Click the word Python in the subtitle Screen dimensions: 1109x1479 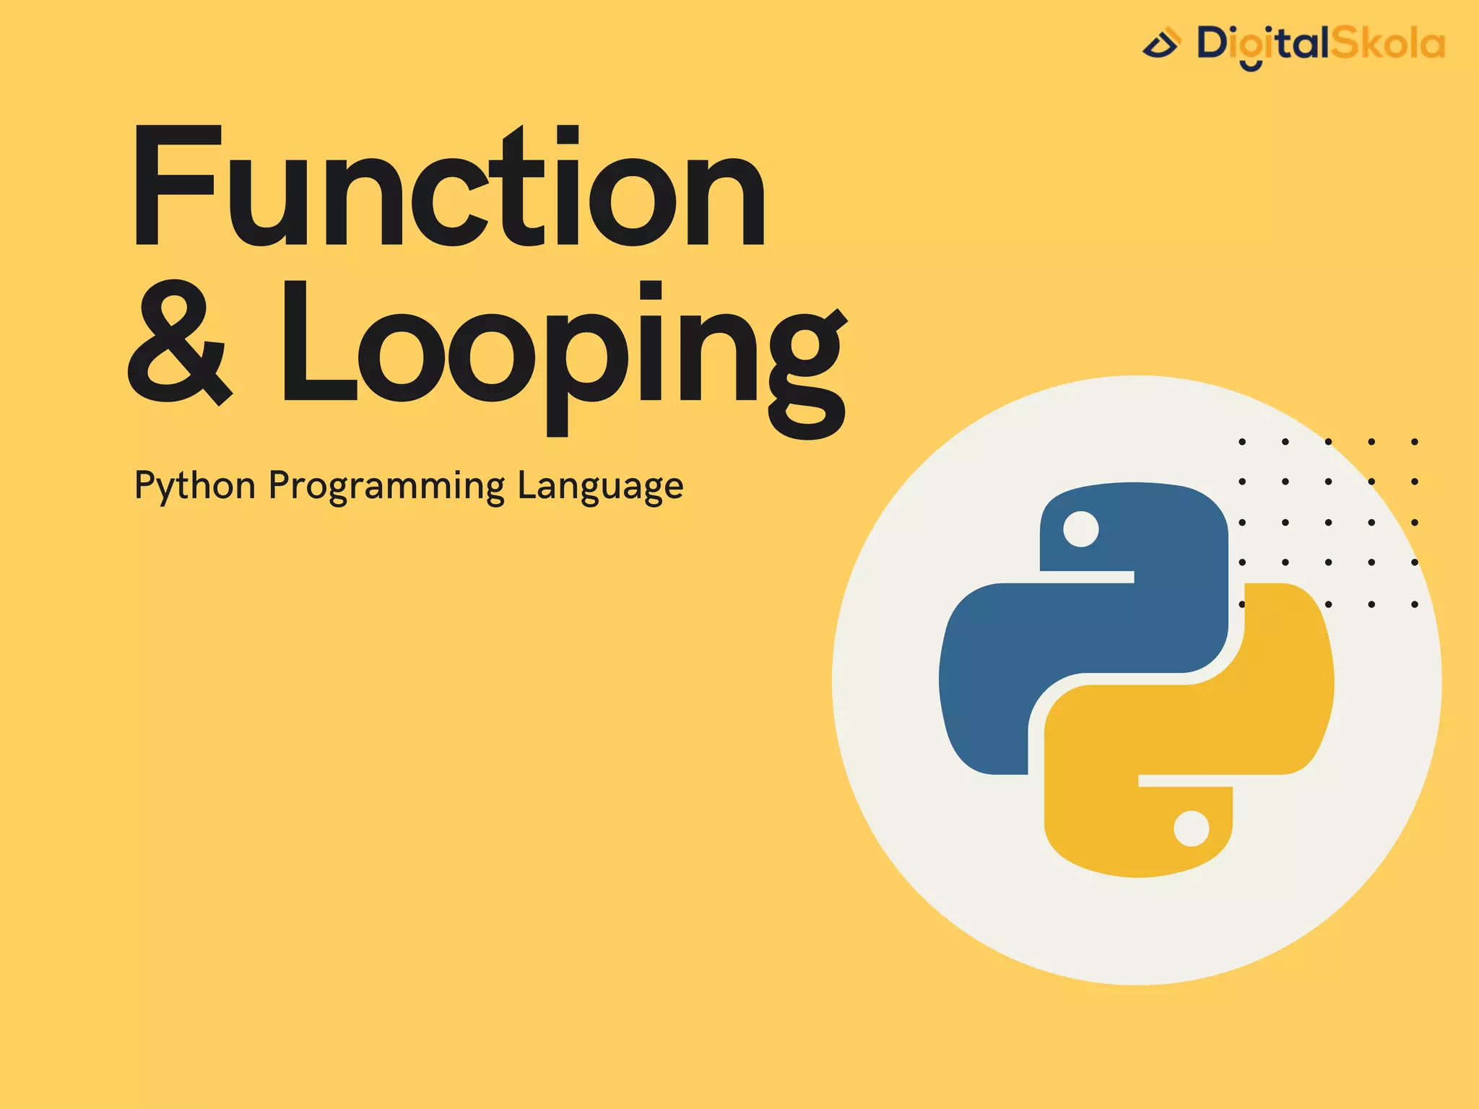[195, 486]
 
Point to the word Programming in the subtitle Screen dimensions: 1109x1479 [386, 486]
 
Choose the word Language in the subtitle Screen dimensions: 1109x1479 [600, 486]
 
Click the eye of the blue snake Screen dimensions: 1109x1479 [1081, 529]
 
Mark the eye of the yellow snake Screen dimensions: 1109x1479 [1192, 828]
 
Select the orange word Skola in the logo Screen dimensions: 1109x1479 [1388, 44]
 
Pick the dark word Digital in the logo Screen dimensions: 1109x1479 [1263, 45]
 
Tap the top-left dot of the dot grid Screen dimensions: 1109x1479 [1242, 441]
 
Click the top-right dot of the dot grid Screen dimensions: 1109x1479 [1415, 441]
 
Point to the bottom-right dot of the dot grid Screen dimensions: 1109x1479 [1415, 604]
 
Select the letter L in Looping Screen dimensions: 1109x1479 [318, 342]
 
